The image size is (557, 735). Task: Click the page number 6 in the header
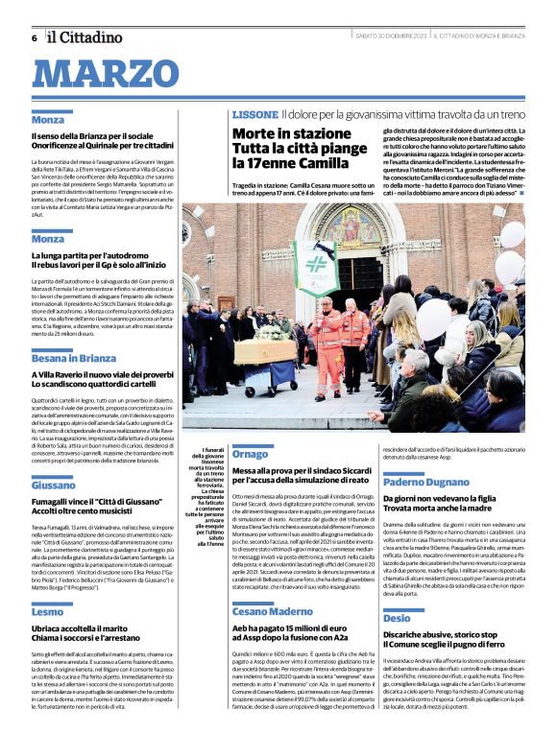34,37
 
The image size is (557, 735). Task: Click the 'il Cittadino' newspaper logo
83,36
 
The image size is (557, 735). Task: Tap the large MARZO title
113,74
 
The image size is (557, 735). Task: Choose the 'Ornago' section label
251,453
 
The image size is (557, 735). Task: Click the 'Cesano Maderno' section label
272,584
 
